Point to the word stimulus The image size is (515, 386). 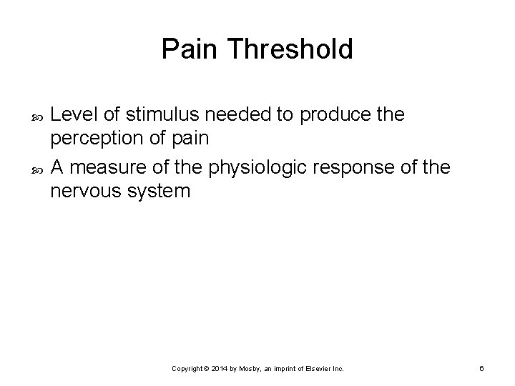(158, 115)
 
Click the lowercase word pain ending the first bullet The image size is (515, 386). (190, 138)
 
